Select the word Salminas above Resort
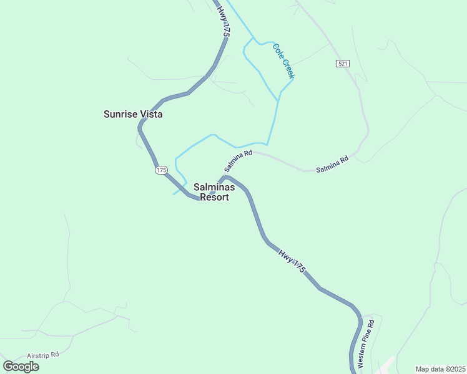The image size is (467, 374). click(214, 187)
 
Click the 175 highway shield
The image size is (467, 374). click(162, 170)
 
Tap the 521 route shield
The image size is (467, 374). click(342, 64)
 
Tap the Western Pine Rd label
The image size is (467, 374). click(366, 343)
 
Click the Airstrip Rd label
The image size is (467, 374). click(42, 355)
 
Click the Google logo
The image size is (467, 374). click(21, 367)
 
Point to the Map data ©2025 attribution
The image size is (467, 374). click(440, 369)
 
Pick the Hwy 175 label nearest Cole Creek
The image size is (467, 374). click(224, 21)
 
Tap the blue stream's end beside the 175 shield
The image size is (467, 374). click(174, 194)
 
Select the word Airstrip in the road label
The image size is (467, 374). click(38, 355)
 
